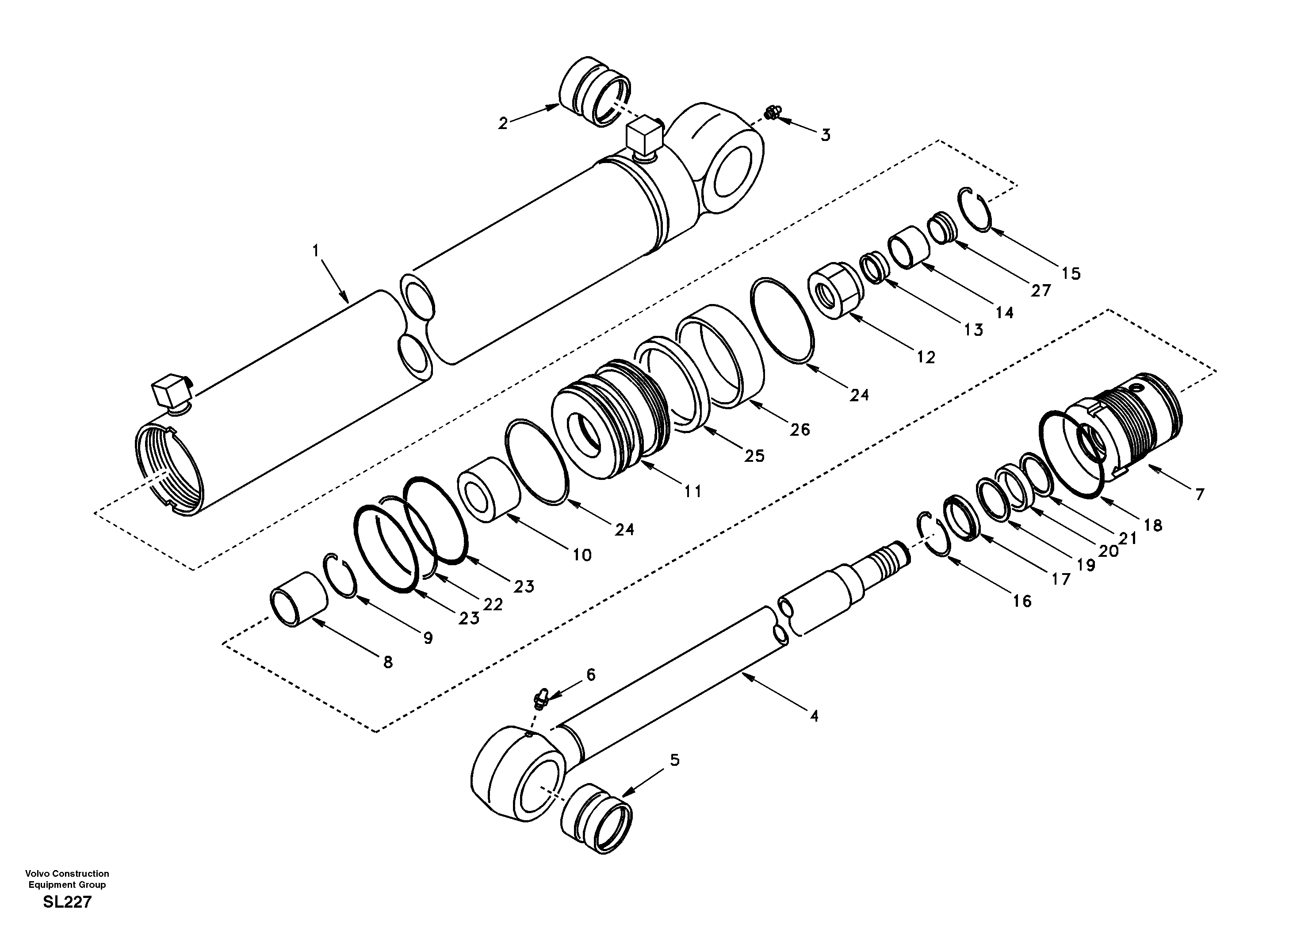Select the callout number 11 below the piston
coord(692,491)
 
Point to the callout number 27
coord(1041,290)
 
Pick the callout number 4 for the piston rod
coord(814,715)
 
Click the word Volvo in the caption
coord(37,873)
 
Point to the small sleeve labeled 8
coord(298,599)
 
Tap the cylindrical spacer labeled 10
coord(488,489)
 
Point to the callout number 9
coord(428,638)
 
